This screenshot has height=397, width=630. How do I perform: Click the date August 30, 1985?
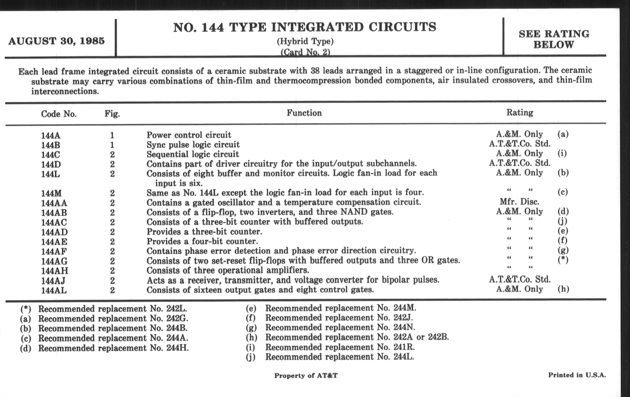click(56, 41)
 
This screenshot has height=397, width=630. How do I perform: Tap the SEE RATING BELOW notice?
click(554, 39)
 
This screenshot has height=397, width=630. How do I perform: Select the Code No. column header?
click(59, 114)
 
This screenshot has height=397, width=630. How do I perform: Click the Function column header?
click(304, 113)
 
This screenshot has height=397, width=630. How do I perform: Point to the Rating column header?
click(520, 113)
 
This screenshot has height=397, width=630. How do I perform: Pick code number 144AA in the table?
click(54, 203)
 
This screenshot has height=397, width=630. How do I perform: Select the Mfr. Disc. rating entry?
click(519, 202)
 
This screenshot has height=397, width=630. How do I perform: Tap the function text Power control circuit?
click(189, 135)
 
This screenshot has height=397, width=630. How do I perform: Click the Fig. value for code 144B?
click(112, 145)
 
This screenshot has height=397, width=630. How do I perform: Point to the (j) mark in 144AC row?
click(562, 221)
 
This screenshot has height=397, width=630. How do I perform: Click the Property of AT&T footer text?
click(306, 376)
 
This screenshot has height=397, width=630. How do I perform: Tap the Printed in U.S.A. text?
click(577, 375)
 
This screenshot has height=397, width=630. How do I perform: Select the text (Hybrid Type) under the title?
click(305, 42)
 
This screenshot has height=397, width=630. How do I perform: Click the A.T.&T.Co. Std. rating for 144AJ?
click(520, 279)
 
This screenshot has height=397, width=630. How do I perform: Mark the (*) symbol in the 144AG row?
click(563, 260)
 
